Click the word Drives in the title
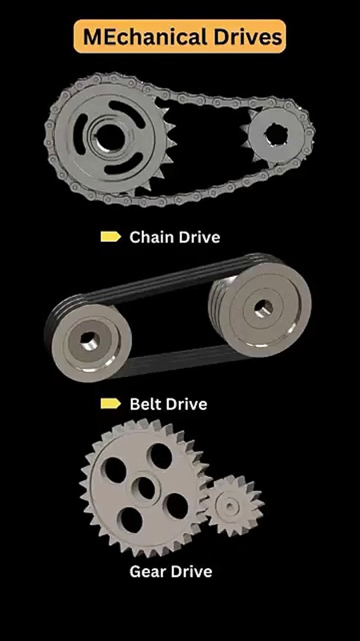coord(248,37)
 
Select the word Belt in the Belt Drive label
coord(145,404)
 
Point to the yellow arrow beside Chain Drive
coord(111,237)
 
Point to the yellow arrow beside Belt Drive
coord(111,404)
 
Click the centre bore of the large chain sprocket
coord(110,137)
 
